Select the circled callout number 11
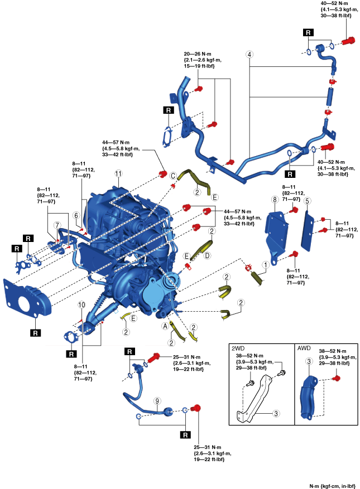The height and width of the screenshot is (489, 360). (118, 173)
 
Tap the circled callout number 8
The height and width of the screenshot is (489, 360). (275, 199)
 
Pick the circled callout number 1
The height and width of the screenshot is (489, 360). (266, 267)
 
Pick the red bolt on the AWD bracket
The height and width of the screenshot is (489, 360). (336, 379)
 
